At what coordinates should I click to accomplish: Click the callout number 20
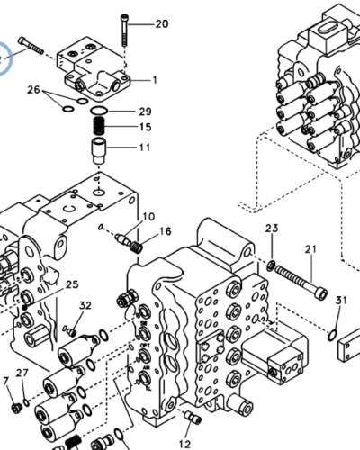tap(162, 23)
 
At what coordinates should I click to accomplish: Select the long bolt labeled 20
tap(124, 30)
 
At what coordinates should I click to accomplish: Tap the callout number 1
tap(155, 80)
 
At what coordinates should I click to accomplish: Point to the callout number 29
tap(145, 112)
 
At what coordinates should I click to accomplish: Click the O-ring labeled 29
tap(99, 112)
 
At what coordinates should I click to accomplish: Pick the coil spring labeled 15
tap(99, 126)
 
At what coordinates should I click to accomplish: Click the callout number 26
tap(33, 89)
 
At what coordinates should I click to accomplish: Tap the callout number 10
tap(148, 216)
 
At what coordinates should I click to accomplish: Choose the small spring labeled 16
tap(137, 247)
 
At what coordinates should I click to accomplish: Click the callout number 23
tap(272, 228)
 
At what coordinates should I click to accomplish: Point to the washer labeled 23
tap(271, 265)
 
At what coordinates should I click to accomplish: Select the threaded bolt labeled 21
tap(301, 283)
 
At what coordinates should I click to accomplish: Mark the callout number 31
tap(341, 300)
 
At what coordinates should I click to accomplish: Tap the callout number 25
tap(72, 284)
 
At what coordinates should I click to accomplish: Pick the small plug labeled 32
tap(71, 332)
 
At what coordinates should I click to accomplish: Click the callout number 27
tap(22, 373)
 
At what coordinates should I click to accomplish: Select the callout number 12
tap(184, 444)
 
